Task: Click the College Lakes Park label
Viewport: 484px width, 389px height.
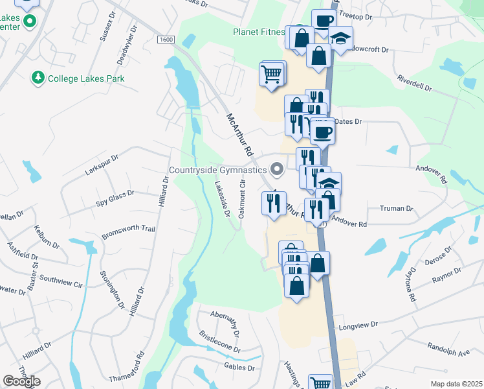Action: (87, 78)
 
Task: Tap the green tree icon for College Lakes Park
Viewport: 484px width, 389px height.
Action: (38, 78)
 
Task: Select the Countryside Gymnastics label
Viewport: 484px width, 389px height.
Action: (217, 171)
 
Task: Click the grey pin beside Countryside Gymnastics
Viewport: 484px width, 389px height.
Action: (278, 170)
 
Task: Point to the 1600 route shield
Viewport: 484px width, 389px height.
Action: (166, 40)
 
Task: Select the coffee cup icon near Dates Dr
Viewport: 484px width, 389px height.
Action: (322, 133)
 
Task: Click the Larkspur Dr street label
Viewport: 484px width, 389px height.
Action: (102, 165)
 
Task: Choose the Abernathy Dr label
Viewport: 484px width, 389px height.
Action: (225, 320)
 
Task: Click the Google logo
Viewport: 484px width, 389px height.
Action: (21, 381)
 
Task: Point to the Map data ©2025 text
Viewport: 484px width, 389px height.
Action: (456, 384)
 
